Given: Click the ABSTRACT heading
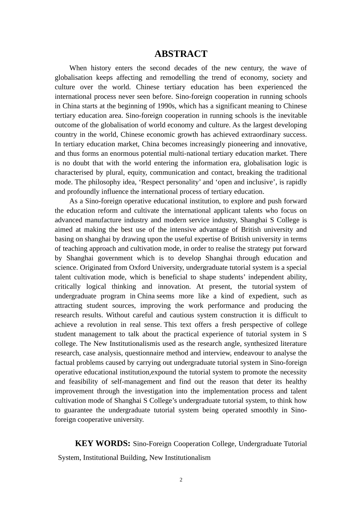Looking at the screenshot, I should point(181,54).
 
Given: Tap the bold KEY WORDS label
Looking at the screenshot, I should point(103,443).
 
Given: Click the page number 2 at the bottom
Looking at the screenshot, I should point(181,480).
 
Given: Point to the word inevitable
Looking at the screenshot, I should point(288,115).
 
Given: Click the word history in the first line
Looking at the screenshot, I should point(101,68).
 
